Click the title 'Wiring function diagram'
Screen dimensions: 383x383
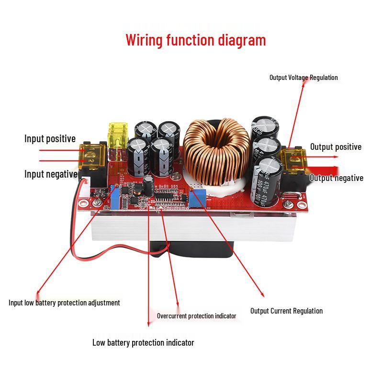(x=195, y=40)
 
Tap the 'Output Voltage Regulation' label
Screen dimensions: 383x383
(x=303, y=78)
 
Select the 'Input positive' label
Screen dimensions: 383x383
(x=50, y=139)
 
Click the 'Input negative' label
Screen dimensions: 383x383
(x=51, y=174)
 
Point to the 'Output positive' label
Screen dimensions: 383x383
(x=336, y=147)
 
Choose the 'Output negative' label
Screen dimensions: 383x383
(x=336, y=178)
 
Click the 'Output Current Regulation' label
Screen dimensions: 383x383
(x=286, y=311)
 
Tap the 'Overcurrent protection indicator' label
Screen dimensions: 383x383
(x=196, y=316)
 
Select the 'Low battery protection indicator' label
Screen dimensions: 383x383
(x=143, y=343)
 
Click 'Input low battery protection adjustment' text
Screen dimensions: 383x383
(x=64, y=303)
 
